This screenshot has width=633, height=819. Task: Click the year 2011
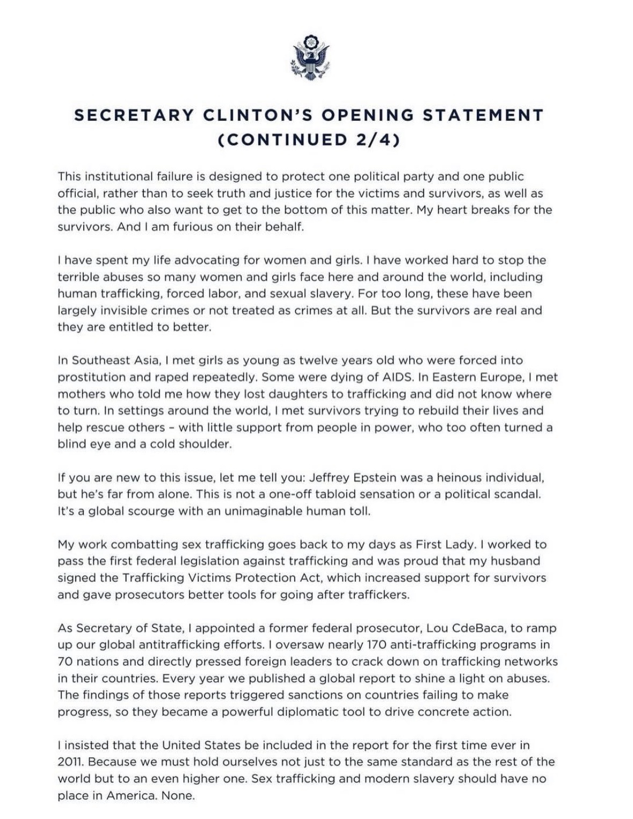tap(69, 762)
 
